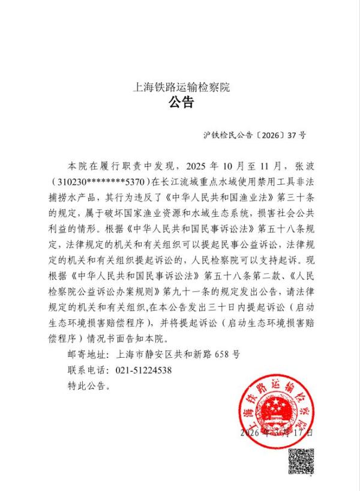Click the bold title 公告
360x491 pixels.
pyautogui.click(x=181, y=103)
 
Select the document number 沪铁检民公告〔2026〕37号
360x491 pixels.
pyautogui.click(x=254, y=135)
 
